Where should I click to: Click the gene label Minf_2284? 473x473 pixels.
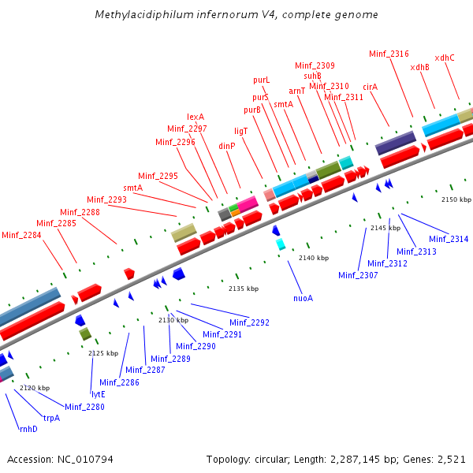pyautogui.click(x=20, y=234)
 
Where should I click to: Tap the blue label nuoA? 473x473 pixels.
pyautogui.click(x=303, y=298)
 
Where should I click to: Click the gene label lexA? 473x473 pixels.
pyautogui.click(x=196, y=117)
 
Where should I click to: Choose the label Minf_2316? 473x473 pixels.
pyautogui.click(x=389, y=54)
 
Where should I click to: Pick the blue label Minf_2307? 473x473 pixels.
pyautogui.click(x=358, y=275)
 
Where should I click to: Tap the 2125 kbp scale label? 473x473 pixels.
pyautogui.click(x=102, y=353)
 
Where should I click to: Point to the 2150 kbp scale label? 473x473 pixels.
pyautogui.click(x=456, y=200)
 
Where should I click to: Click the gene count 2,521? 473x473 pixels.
pyautogui.click(x=451, y=459)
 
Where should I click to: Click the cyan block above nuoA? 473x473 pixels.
pyautogui.click(x=281, y=244)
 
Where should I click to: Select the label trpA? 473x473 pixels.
pyautogui.click(x=51, y=418)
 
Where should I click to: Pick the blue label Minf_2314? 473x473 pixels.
pyautogui.click(x=449, y=239)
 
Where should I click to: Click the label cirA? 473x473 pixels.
pyautogui.click(x=371, y=87)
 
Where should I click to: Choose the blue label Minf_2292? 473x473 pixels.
pyautogui.click(x=249, y=322)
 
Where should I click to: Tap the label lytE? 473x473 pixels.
pyautogui.click(x=98, y=394)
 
